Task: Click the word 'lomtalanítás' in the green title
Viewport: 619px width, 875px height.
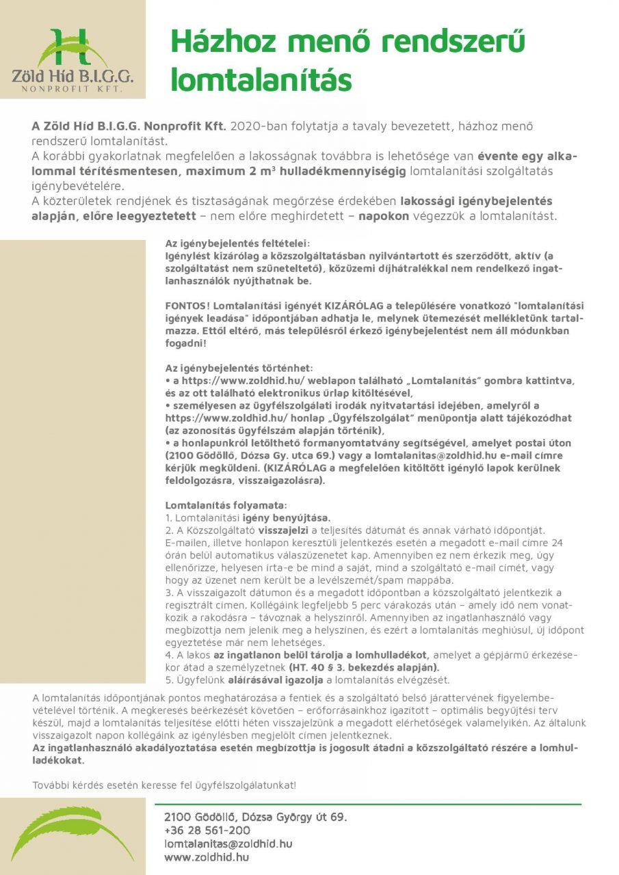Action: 261,79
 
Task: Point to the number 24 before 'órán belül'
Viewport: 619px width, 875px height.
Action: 557,543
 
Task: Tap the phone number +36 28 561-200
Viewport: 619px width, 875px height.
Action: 207,830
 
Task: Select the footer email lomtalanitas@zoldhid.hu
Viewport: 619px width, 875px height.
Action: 228,844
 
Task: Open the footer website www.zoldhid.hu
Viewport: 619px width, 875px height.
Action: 206,857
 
